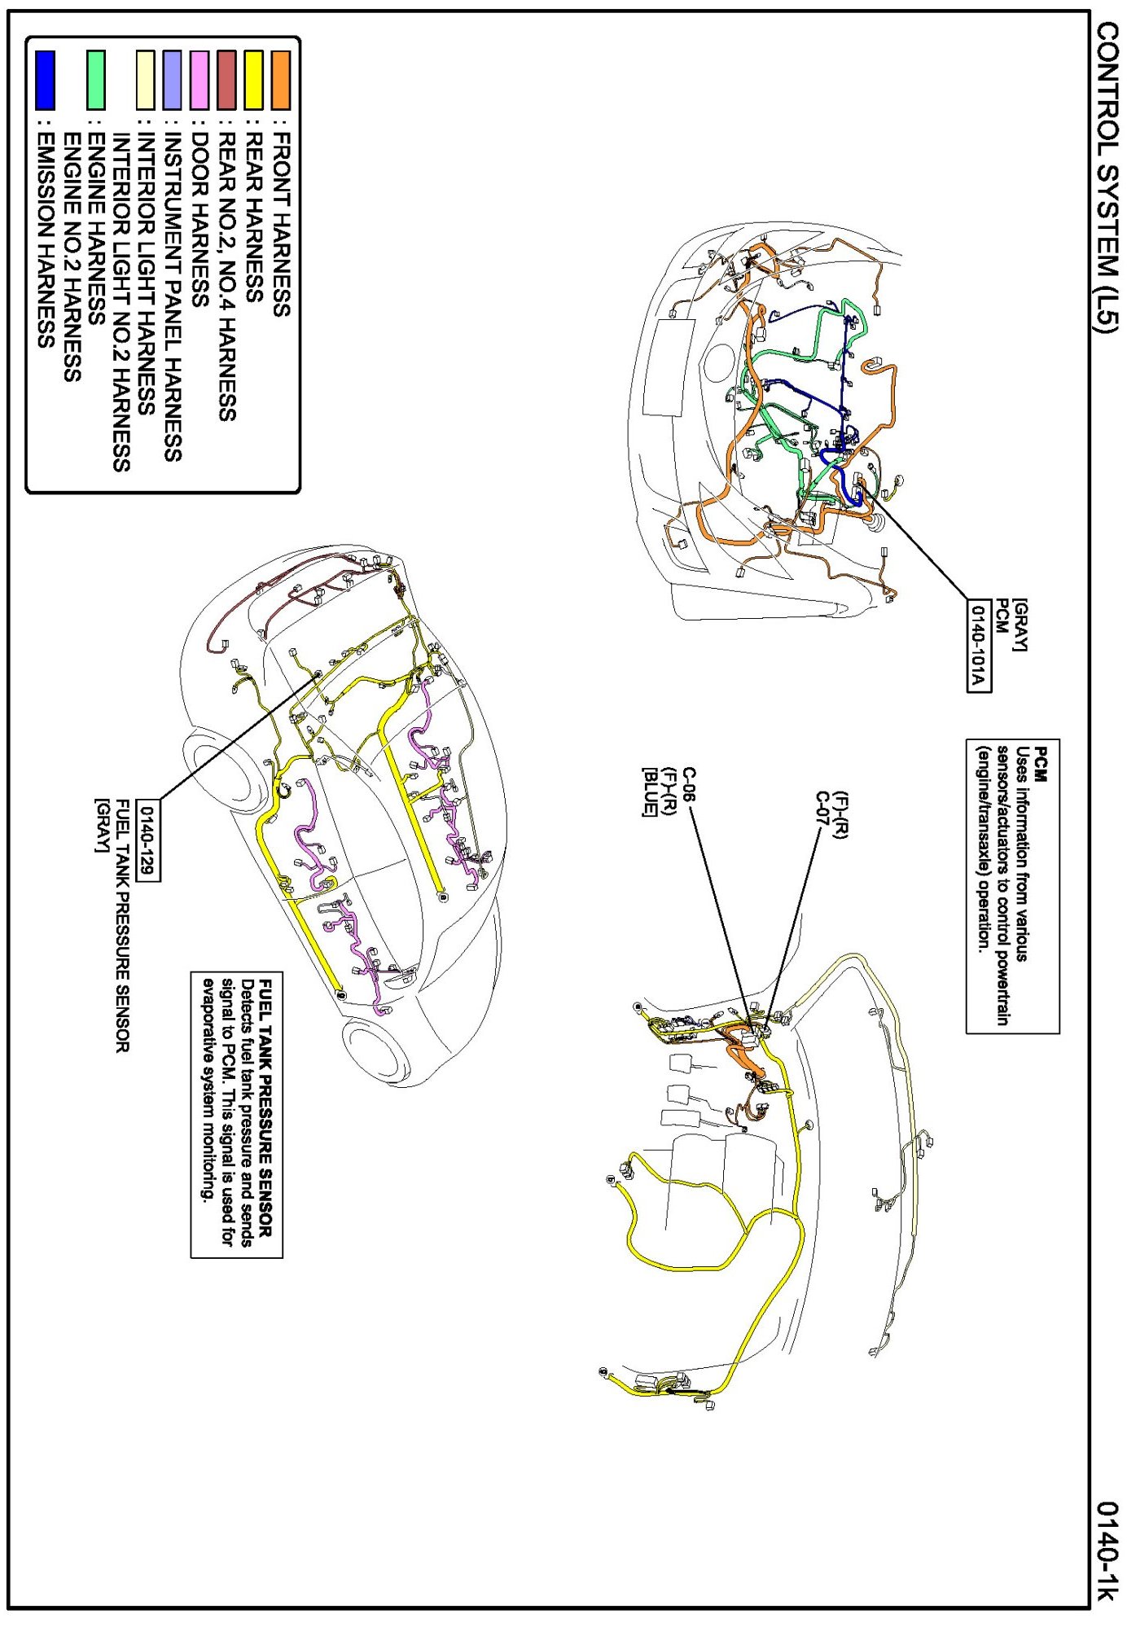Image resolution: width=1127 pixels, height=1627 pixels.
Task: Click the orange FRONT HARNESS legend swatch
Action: [x=280, y=80]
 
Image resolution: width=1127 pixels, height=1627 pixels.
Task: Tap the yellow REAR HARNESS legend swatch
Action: [x=253, y=80]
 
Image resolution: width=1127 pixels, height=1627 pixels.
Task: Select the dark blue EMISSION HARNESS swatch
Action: [x=45, y=80]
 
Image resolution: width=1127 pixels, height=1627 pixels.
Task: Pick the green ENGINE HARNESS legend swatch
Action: [x=96, y=80]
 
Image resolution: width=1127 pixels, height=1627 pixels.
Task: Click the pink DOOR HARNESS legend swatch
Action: [x=199, y=80]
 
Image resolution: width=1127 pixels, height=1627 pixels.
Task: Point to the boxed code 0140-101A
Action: [x=978, y=645]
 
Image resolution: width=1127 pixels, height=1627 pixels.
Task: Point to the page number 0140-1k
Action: [x=1107, y=1550]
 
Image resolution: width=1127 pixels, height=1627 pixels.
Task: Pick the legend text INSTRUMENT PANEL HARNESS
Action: [x=173, y=297]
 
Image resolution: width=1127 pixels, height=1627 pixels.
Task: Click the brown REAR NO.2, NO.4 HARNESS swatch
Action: [x=226, y=80]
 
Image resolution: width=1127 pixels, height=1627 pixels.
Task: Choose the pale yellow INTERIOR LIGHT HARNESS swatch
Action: [x=146, y=80]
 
